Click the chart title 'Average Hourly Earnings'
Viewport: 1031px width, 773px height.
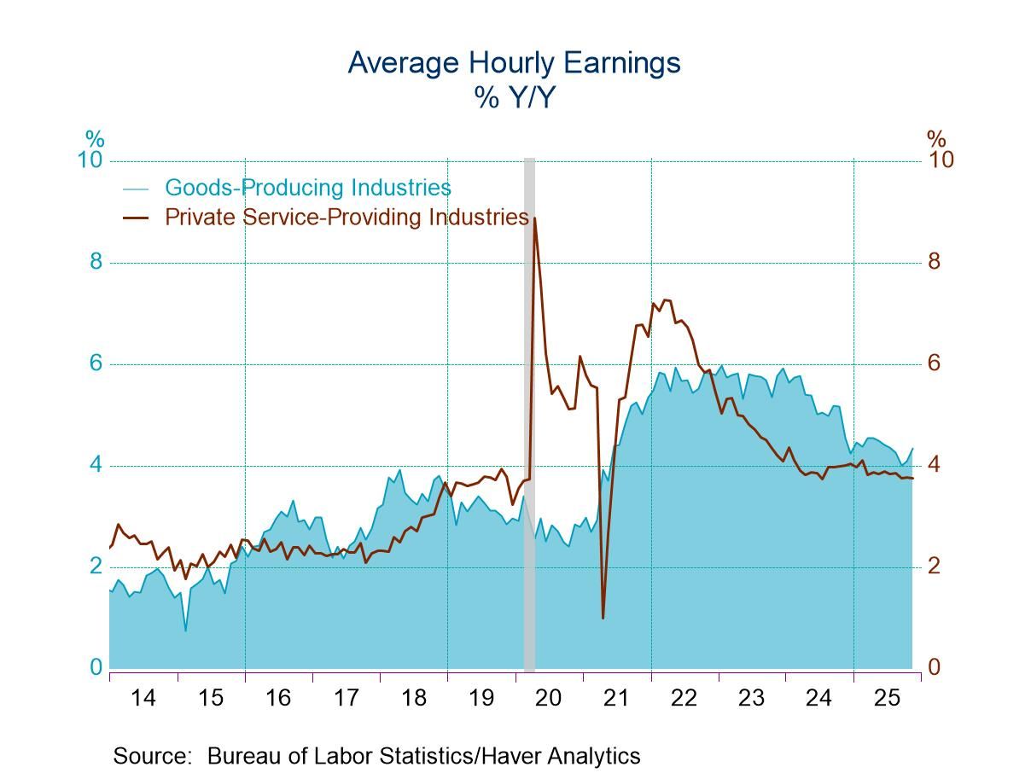[514, 63]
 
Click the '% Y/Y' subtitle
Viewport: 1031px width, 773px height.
[514, 98]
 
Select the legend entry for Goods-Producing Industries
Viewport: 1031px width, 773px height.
[307, 188]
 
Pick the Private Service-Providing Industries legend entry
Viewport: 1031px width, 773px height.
[346, 217]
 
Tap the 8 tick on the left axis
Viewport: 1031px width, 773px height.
[96, 261]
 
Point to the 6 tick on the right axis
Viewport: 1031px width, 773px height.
[935, 363]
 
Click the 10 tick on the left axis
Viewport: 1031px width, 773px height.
[90, 160]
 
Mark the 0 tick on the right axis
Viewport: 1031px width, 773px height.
[935, 666]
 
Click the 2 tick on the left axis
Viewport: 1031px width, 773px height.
[96, 566]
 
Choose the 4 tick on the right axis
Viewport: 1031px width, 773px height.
[935, 464]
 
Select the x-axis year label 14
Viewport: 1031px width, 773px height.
[143, 698]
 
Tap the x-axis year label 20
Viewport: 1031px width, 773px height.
[548, 698]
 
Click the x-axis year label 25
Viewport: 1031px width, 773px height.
[887, 698]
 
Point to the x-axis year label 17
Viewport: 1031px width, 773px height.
[346, 698]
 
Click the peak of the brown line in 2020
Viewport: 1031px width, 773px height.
[534, 218]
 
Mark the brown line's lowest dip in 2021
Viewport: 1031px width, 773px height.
[603, 617]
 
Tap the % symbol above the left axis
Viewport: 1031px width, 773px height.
[94, 139]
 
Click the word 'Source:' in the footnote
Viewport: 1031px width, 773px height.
[152, 756]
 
